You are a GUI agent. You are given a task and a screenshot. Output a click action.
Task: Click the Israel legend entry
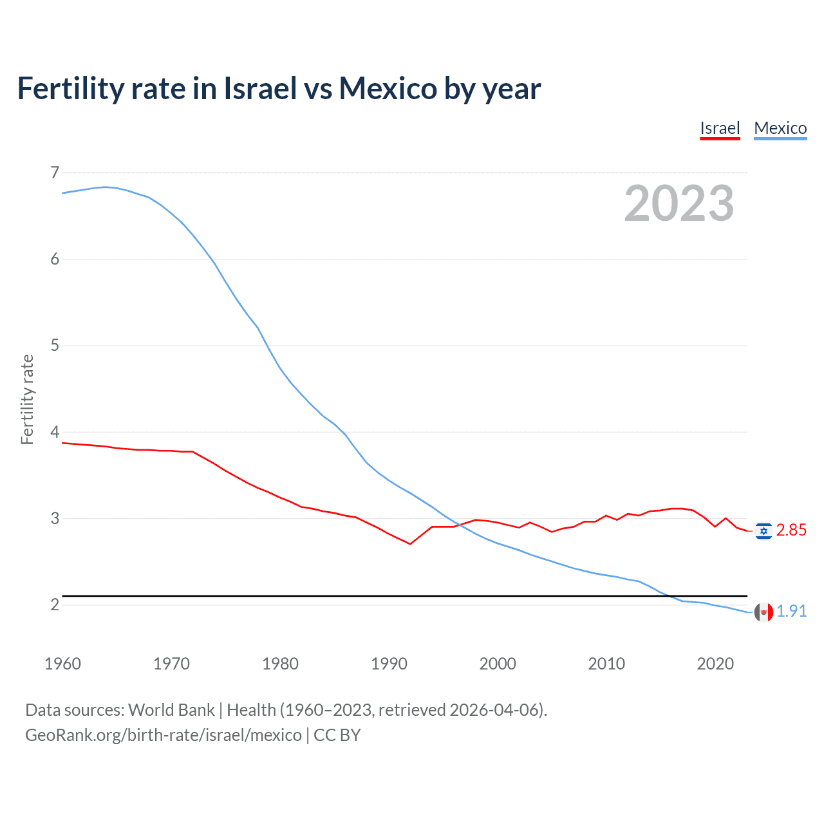point(720,128)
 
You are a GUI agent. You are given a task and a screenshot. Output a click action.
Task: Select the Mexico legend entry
point(780,128)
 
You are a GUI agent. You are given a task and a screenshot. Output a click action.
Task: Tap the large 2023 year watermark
point(679,203)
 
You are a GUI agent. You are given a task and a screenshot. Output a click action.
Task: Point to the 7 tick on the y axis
point(55,173)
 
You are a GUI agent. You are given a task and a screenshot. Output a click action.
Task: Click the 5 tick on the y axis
point(55,346)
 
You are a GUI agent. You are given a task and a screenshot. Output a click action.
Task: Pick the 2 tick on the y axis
point(55,604)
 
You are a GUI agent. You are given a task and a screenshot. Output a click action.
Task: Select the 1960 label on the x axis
point(62,664)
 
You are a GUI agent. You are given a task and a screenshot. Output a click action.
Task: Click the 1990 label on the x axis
point(389,664)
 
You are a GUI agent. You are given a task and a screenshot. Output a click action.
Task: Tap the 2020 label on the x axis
point(715,664)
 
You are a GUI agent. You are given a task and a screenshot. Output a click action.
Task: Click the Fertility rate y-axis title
point(27,399)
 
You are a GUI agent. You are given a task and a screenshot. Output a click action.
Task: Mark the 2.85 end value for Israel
point(791,530)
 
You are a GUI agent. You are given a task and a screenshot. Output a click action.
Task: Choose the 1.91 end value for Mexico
point(791,611)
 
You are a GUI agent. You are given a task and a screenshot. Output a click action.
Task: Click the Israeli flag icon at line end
point(763,531)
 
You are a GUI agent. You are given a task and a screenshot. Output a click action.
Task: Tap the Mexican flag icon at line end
point(763,612)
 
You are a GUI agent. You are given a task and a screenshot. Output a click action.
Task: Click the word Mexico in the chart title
point(388,89)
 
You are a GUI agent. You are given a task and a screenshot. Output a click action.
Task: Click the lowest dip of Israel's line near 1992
point(410,544)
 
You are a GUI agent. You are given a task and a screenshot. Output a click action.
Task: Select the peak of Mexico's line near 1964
point(106,187)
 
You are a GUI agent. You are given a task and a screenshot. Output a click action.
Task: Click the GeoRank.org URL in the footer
point(164,735)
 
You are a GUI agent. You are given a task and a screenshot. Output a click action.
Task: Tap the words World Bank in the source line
point(171,710)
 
